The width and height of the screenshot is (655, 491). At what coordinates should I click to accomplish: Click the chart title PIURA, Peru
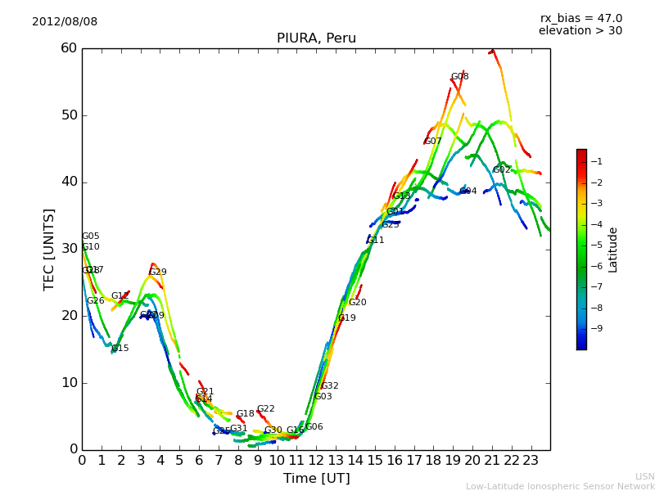[316, 38]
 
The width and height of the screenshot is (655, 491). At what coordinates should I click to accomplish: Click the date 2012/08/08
[65, 21]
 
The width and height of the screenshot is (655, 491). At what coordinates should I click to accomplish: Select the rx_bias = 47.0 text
[581, 18]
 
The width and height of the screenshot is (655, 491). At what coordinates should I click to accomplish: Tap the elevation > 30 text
[580, 31]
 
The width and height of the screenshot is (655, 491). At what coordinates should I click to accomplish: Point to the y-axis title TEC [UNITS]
[49, 249]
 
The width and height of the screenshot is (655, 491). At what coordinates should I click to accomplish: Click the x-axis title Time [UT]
[316, 479]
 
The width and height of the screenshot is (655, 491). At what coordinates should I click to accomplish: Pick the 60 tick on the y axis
[68, 48]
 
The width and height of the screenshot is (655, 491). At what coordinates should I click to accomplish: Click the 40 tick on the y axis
[68, 182]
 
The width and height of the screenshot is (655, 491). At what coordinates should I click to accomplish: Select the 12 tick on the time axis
[316, 461]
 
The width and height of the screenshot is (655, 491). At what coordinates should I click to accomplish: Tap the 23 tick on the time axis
[531, 461]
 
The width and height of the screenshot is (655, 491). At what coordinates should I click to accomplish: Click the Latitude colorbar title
[612, 249]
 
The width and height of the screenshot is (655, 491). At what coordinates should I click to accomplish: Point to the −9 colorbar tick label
[597, 329]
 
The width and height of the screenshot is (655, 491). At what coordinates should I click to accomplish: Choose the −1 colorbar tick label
[597, 161]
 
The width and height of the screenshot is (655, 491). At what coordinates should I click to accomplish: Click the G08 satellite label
[460, 77]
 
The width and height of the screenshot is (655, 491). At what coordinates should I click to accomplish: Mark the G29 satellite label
[157, 273]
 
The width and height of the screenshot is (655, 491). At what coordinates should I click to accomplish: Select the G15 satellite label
[120, 349]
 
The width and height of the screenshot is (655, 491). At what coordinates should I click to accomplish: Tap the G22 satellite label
[265, 409]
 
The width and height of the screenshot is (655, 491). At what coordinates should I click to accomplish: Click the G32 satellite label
[329, 386]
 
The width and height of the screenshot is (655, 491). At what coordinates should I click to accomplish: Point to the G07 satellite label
[432, 142]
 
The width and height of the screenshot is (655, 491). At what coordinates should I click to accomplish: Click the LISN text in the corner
[644, 476]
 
